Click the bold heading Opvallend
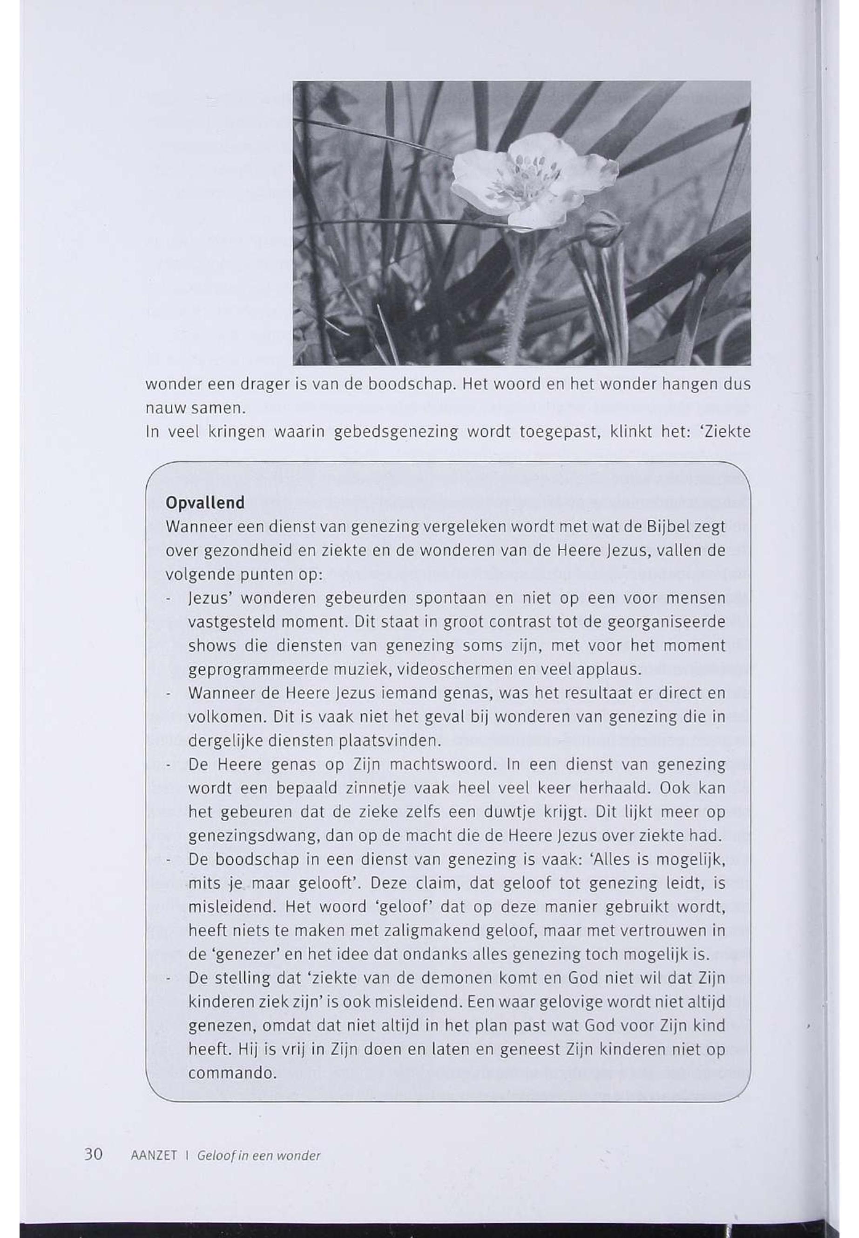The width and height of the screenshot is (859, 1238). point(204,503)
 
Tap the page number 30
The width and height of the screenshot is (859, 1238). point(94,1154)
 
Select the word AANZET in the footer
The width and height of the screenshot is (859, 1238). point(154,1156)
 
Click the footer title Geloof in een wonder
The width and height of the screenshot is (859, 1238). point(258,1156)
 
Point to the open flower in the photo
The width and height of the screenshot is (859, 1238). point(530,180)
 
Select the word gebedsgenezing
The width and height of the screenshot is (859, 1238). point(396,432)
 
